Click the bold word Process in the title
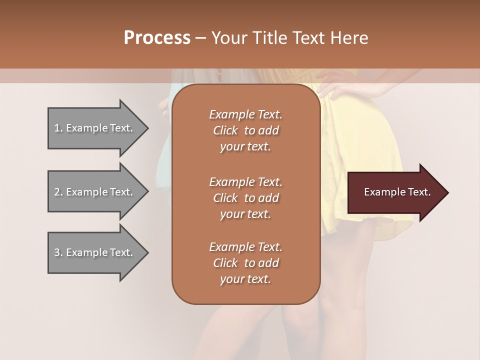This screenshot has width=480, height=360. [x=157, y=38]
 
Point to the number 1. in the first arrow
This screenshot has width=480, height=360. [x=58, y=128]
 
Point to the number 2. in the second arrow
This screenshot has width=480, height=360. [x=58, y=192]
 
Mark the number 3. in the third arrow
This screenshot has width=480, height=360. [x=58, y=252]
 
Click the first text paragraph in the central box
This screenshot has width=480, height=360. [x=245, y=130]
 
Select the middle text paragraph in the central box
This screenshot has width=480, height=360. [x=245, y=197]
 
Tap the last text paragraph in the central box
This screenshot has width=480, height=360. [x=245, y=263]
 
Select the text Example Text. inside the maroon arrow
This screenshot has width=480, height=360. [x=397, y=192]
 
